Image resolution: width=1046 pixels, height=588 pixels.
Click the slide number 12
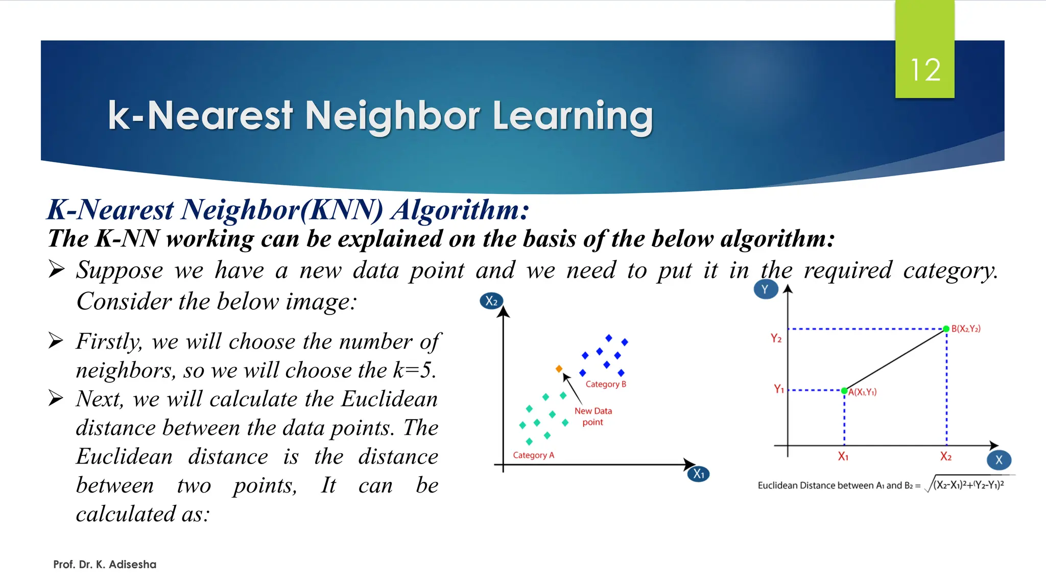925,70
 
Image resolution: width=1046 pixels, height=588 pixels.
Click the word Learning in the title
573,116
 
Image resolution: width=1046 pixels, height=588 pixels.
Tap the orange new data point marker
559,369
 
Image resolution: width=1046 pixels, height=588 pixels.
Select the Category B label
605,384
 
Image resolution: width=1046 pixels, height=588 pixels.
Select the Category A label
533,455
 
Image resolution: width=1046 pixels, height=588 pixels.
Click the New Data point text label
593,416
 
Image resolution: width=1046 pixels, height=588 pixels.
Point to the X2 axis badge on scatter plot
491,301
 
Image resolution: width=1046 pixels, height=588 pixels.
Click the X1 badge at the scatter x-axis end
698,474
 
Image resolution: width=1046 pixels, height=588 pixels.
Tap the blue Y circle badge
765,289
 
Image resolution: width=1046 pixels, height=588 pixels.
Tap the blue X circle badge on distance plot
999,460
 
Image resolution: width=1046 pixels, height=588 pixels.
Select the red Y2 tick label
776,338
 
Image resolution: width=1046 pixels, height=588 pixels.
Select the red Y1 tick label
778,389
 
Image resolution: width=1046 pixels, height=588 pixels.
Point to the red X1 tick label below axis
843,457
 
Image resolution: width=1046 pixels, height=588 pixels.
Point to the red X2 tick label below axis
945,457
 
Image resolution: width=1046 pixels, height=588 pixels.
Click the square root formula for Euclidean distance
965,485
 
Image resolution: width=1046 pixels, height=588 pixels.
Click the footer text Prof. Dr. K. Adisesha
105,565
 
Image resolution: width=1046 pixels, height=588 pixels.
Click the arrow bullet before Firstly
56,340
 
